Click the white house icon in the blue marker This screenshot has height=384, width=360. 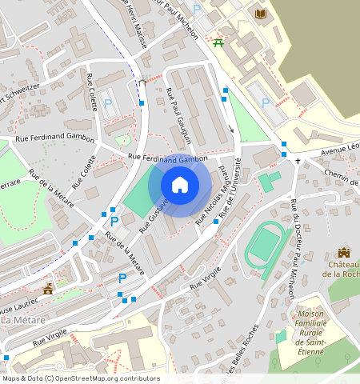[180, 186]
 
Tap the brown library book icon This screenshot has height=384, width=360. [261, 14]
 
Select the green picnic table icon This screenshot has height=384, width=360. [218, 42]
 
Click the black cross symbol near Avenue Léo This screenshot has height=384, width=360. [298, 161]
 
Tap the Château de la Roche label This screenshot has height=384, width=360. [343, 269]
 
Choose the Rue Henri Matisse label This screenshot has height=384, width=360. [133, 24]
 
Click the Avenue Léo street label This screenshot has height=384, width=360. [331, 150]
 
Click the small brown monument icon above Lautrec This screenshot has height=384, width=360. [49, 287]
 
